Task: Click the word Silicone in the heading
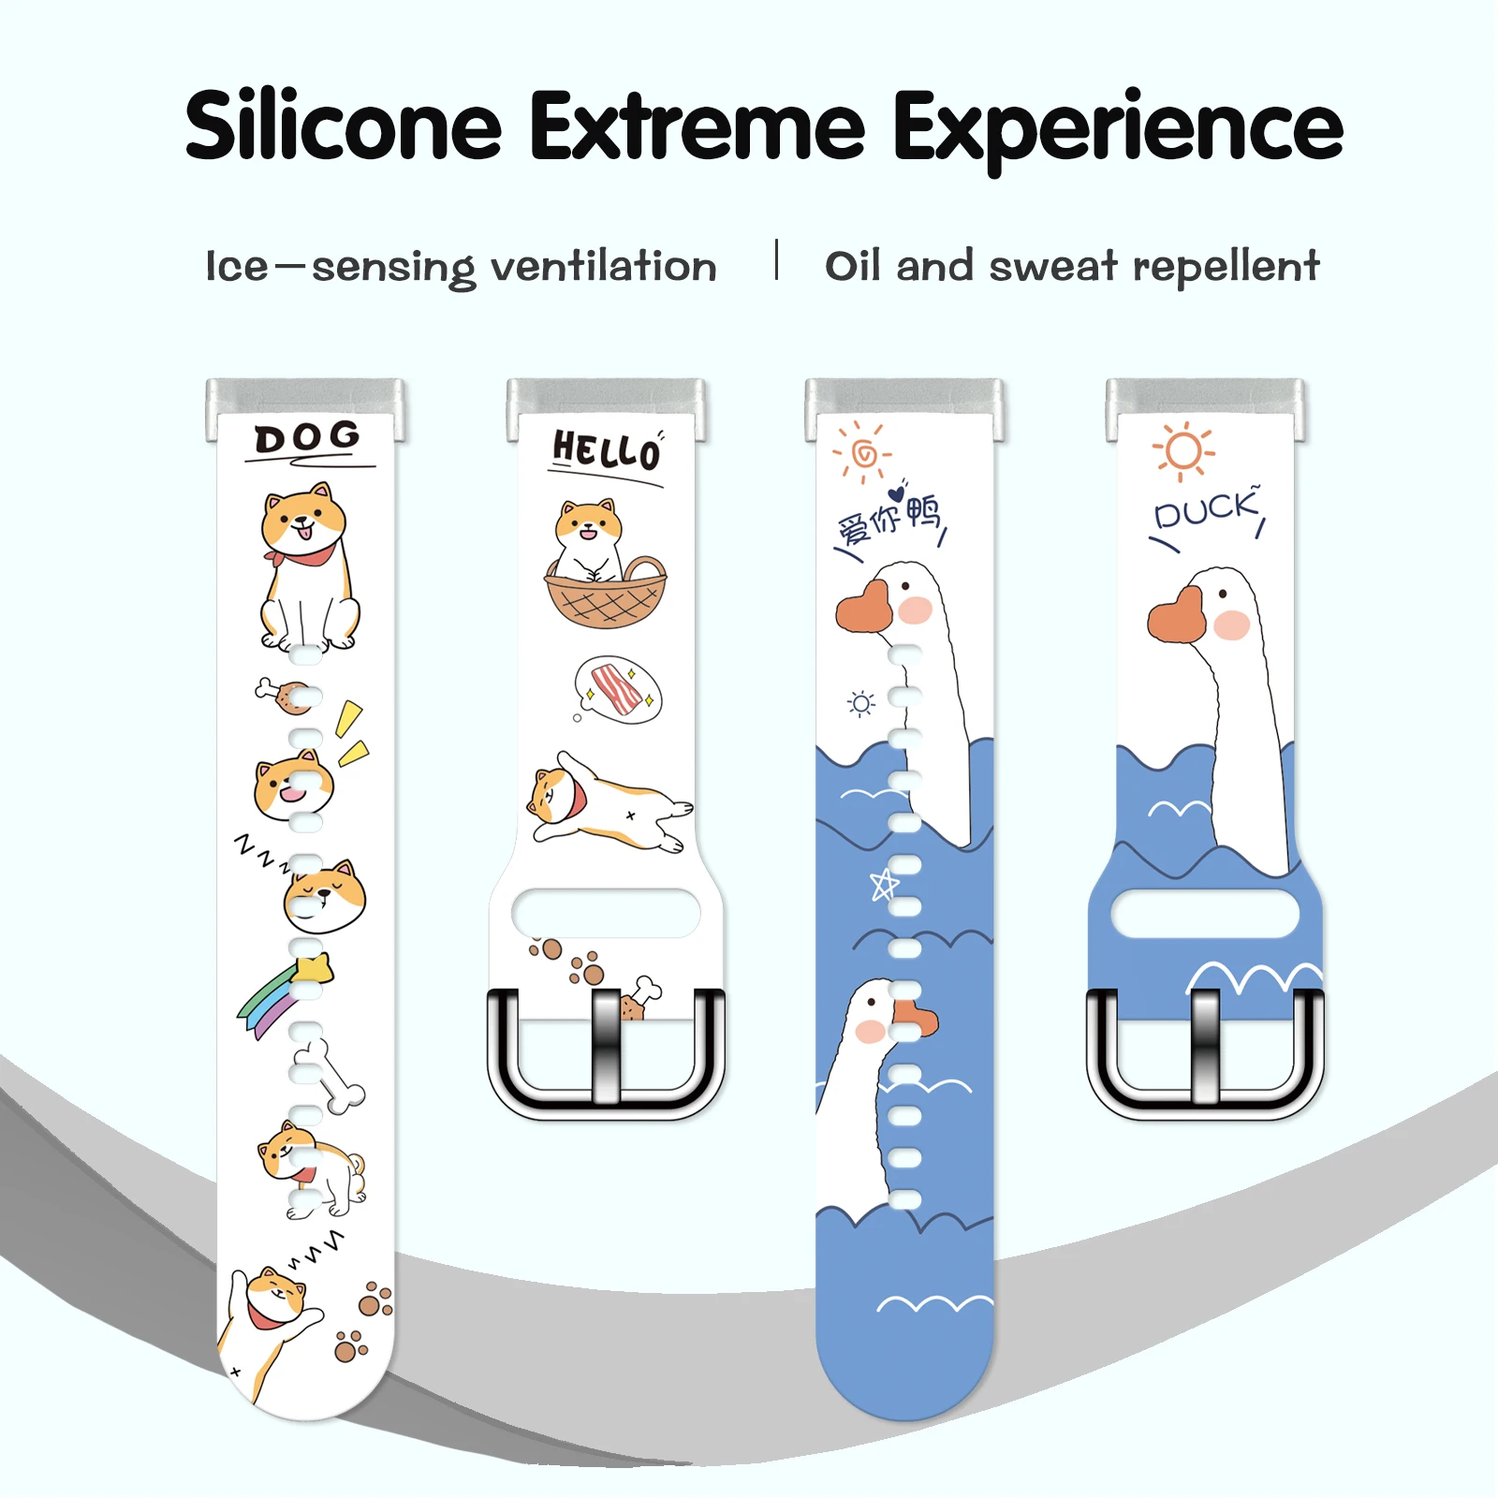pyautogui.click(x=344, y=127)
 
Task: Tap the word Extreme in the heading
pyautogui.click(x=698, y=127)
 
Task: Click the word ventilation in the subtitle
pyautogui.click(x=604, y=267)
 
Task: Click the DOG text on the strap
pyautogui.click(x=307, y=437)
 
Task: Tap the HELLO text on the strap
pyautogui.click(x=606, y=451)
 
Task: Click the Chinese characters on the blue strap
pyautogui.click(x=890, y=519)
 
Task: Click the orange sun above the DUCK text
pyautogui.click(x=1183, y=451)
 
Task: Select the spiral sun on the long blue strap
pyautogui.click(x=863, y=454)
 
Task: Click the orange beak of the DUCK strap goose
pyautogui.click(x=1176, y=616)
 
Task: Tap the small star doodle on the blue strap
pyautogui.click(x=884, y=883)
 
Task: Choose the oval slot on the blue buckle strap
pyautogui.click(x=1206, y=914)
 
